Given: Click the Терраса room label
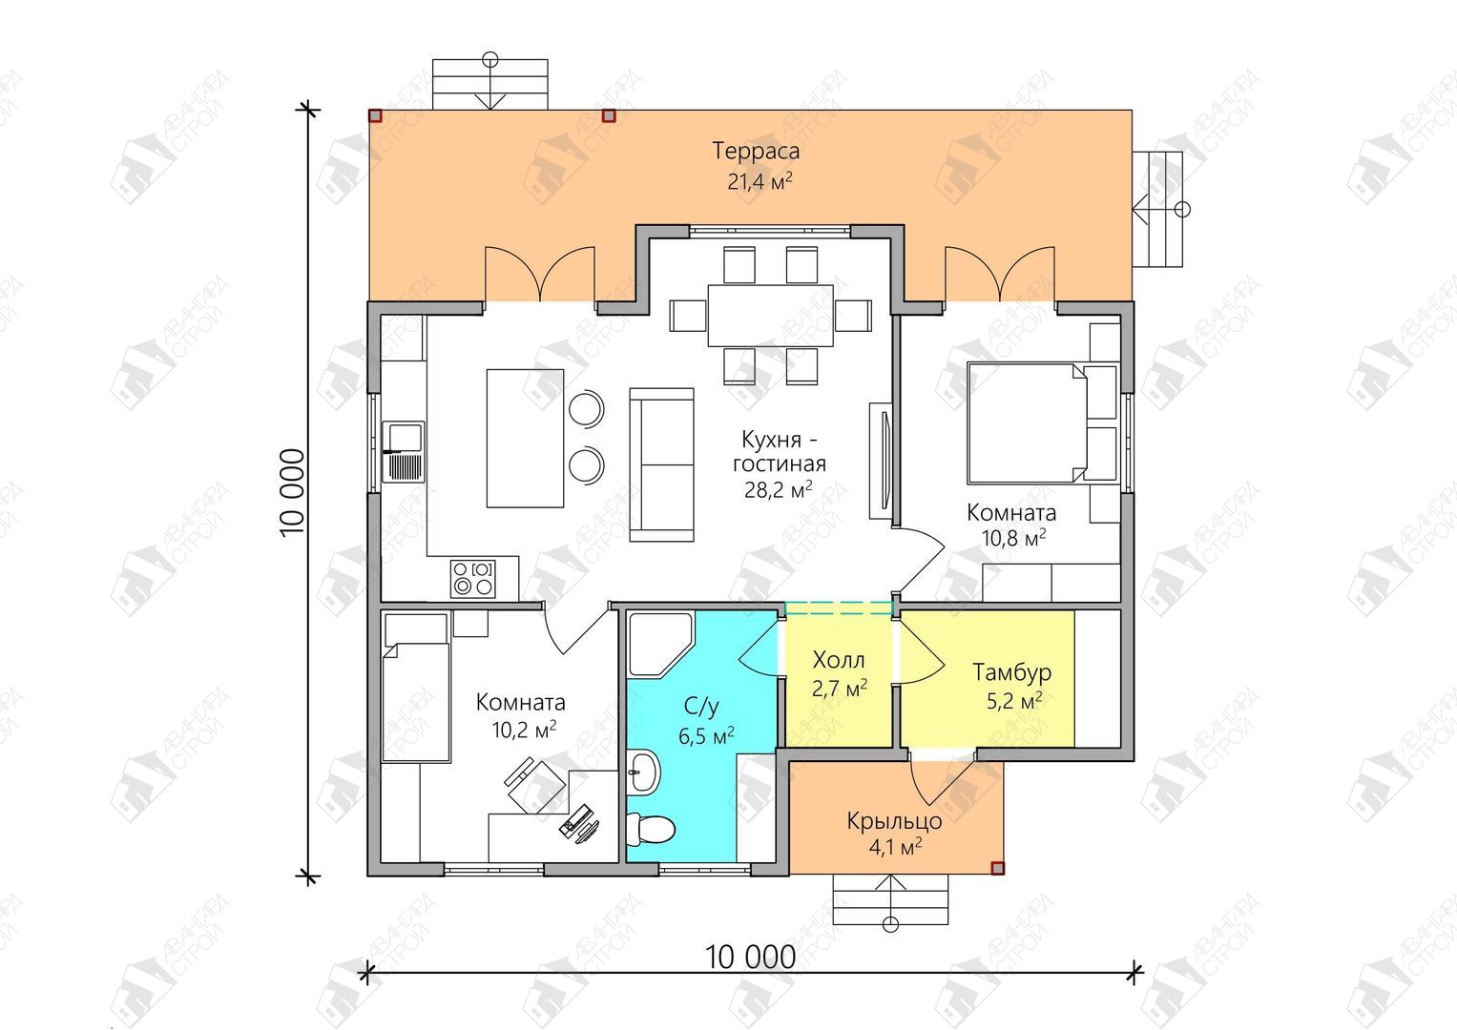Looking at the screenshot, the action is click(755, 151).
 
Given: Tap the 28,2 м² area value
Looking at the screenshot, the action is click(778, 489).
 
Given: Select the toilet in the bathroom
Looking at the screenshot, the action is click(651, 829).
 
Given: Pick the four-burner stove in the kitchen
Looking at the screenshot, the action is click(473, 579).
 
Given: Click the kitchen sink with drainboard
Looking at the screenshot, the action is click(404, 452).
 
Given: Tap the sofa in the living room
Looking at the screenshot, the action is click(661, 465).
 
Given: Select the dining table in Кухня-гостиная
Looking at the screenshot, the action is click(771, 316).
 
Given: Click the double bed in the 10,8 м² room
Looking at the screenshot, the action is click(1027, 423).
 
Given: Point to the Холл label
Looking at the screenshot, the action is click(839, 661).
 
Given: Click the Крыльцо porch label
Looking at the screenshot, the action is click(894, 821).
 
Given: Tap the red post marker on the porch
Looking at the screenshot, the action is click(997, 868).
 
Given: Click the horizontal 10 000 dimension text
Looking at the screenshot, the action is click(751, 958).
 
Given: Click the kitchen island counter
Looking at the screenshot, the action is click(525, 439).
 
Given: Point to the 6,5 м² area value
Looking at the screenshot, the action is click(706, 736).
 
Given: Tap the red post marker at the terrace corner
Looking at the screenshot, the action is click(375, 115).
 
